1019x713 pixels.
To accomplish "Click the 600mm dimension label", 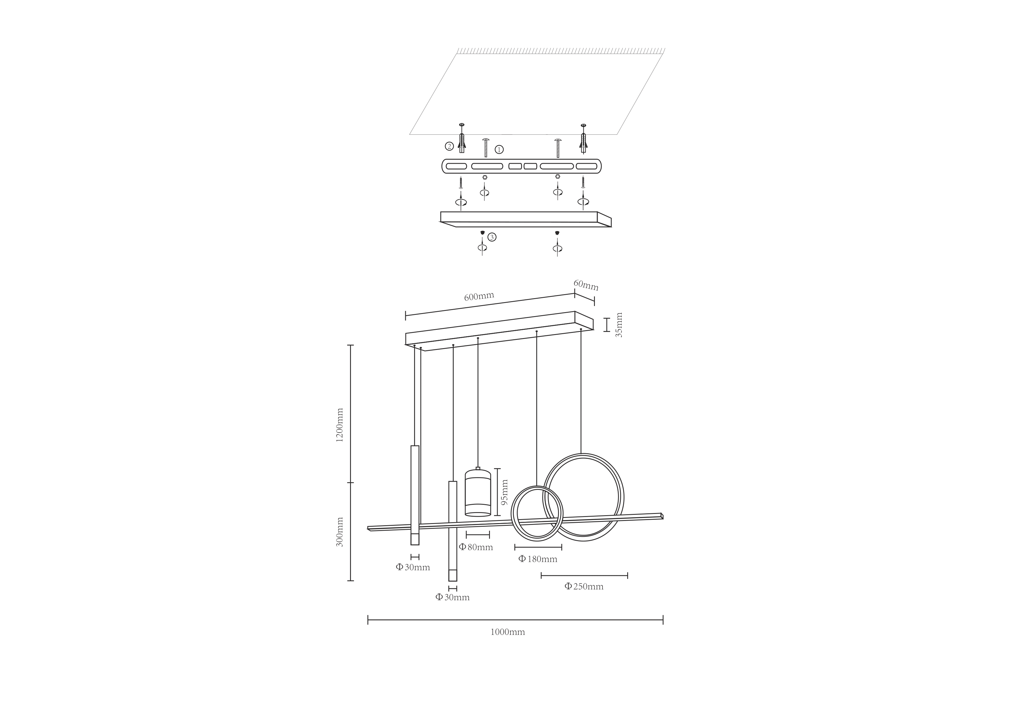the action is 479,296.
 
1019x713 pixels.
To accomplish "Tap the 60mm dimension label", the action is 586,285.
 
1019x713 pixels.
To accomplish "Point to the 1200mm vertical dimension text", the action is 340,425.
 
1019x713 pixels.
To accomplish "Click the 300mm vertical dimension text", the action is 340,532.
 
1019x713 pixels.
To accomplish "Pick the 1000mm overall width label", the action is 507,632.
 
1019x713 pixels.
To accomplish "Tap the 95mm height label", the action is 504,492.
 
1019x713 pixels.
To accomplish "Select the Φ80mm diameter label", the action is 476,547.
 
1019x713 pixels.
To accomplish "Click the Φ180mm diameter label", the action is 538,559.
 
